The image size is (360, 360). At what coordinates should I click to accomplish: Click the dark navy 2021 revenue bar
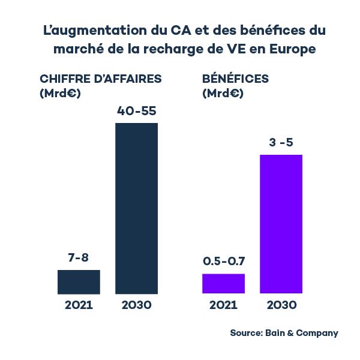coord(79,282)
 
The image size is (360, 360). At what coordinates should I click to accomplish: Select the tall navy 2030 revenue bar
coord(136,209)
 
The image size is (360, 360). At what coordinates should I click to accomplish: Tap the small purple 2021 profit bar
coord(223,283)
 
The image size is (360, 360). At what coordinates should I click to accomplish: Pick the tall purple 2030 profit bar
coord(281,224)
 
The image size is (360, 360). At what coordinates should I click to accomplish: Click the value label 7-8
coord(79,258)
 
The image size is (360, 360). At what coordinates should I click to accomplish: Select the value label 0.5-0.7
coord(224,262)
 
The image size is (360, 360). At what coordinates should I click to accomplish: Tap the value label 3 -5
coord(281,143)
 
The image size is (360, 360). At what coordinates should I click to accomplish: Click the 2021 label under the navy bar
coord(79,305)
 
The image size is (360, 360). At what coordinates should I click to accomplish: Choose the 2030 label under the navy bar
coord(136,305)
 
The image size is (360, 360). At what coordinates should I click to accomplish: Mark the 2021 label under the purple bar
coord(223,305)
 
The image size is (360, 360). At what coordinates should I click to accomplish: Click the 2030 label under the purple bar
coord(281,305)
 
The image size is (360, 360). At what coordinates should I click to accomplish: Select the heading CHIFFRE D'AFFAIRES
coord(100,79)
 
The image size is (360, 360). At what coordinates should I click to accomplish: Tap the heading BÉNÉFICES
coord(236,79)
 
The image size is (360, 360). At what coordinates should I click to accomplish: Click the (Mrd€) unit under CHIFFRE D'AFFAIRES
coord(60,94)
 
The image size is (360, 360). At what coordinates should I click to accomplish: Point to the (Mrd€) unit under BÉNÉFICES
coord(223,94)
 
